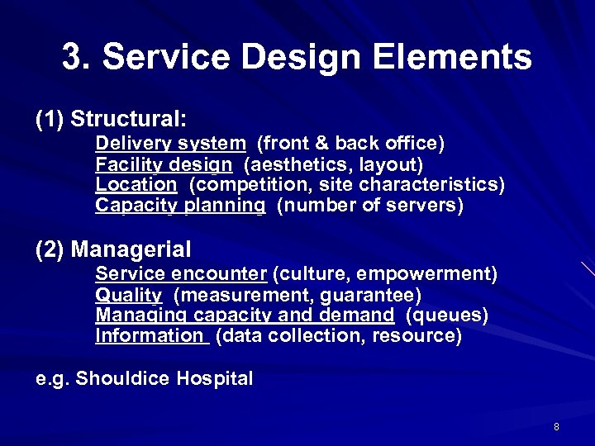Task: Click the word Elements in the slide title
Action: pos(453,58)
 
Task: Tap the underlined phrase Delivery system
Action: pos(170,144)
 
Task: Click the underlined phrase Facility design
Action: pos(164,164)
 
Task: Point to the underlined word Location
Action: pos(136,184)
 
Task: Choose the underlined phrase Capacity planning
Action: pos(180,205)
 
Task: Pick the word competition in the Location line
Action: pos(247,184)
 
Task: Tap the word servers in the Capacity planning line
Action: pos(426,205)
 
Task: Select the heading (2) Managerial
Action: pos(113,249)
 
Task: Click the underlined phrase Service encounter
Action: pos(181,273)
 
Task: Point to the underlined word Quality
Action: pos(129,295)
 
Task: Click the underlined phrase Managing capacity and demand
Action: pos(245,315)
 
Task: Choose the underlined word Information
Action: pos(149,335)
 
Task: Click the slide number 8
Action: pos(556,427)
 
